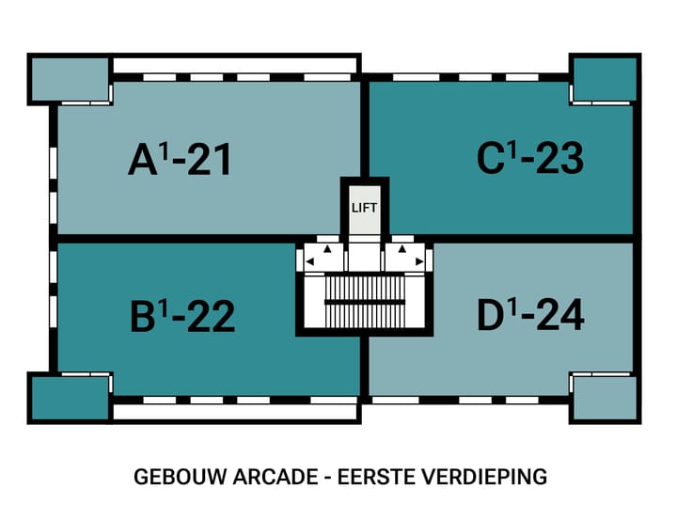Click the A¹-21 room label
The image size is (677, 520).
point(180,161)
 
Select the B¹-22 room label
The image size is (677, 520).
point(181,316)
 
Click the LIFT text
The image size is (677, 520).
point(364,208)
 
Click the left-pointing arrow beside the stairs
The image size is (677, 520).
point(309,260)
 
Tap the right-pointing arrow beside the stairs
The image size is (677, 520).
point(418,260)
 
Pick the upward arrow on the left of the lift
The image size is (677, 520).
point(327,250)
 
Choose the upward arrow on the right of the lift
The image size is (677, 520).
point(401,250)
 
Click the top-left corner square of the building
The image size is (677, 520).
point(56,80)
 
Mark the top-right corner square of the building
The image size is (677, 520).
point(602,80)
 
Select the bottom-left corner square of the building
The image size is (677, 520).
point(56,398)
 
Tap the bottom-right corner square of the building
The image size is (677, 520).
point(602,398)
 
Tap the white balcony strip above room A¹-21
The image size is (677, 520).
point(234,64)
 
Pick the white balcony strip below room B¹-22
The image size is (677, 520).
point(234,412)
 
